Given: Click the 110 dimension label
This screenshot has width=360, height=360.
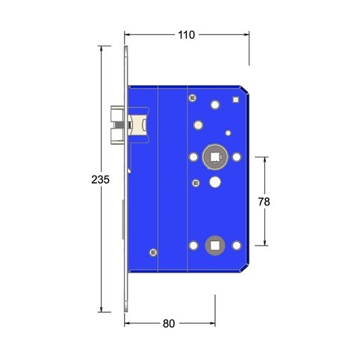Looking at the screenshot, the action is [x=187, y=35].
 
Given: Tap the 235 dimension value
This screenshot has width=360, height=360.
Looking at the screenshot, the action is [x=100, y=179].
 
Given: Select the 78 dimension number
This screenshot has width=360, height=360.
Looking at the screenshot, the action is [x=264, y=202].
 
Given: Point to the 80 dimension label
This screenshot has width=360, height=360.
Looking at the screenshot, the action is [x=169, y=323].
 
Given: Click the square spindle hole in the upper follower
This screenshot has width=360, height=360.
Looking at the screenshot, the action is [x=214, y=157].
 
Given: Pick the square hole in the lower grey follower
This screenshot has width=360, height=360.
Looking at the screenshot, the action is [x=214, y=246].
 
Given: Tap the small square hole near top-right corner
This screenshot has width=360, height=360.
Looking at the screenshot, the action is [x=235, y=99].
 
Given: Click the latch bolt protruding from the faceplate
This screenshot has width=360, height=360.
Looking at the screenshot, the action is [x=117, y=125].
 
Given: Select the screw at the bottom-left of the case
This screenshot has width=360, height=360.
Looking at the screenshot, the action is [x=153, y=252].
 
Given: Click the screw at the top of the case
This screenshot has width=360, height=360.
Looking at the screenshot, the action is [x=192, y=98].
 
